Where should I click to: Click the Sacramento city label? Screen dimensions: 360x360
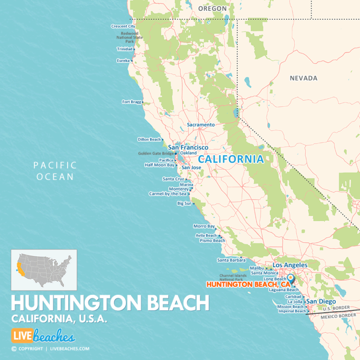click(201, 125)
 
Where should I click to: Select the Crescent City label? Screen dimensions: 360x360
click(123, 26)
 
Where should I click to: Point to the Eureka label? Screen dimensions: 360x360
click(123, 60)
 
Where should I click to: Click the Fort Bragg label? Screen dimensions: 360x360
click(131, 102)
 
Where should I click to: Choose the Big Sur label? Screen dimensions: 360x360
click(184, 203)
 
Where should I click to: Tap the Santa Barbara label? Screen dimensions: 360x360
click(229, 260)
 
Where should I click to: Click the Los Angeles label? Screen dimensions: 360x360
click(290, 265)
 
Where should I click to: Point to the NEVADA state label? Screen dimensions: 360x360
click(303, 78)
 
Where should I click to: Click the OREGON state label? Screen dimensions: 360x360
click(212, 8)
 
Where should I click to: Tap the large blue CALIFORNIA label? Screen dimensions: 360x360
click(231, 159)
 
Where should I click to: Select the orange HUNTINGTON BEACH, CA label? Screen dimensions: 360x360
click(248, 285)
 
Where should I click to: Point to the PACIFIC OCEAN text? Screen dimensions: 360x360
click(54, 171)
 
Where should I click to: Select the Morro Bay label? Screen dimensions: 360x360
click(204, 226)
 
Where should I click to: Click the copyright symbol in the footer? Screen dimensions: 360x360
click(14, 349)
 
